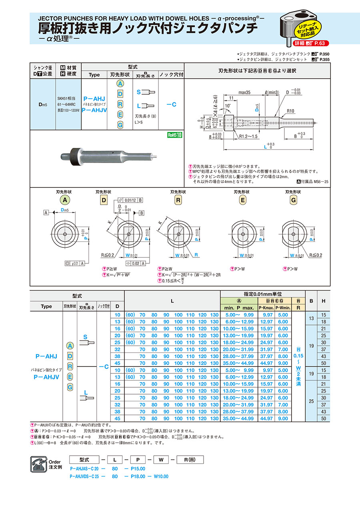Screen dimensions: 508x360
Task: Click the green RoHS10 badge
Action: pyautogui.click(x=174, y=135)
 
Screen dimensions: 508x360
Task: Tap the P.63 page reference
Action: pyautogui.click(x=321, y=43)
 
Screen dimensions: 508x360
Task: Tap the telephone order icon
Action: pyautogui.click(x=40, y=464)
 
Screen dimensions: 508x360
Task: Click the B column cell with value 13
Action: pyautogui.click(x=311, y=318)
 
